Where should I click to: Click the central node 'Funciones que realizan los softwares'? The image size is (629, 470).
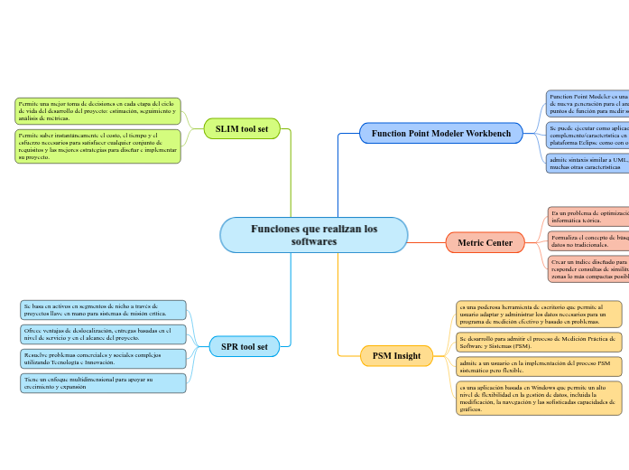pyautogui.click(x=314, y=235)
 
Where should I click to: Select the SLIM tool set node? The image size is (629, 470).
pyautogui.click(x=242, y=129)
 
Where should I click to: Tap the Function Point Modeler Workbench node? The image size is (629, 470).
pyautogui.click(x=440, y=134)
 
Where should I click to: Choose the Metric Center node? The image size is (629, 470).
pyautogui.click(x=485, y=242)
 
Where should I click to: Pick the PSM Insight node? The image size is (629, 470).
pyautogui.click(x=395, y=356)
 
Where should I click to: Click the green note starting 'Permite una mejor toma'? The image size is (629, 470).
pyautogui.click(x=97, y=110)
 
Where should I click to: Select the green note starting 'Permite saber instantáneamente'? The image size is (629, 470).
pyautogui.click(x=97, y=146)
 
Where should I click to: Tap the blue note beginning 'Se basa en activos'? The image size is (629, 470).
pyautogui.click(x=103, y=310)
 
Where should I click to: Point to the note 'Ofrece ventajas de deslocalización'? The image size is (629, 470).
pyautogui.click(x=103, y=334)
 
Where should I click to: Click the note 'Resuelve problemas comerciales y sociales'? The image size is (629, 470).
pyautogui.click(x=103, y=359)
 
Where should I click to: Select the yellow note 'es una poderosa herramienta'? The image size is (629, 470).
pyautogui.click(x=539, y=314)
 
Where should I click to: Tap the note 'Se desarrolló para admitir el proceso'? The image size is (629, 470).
pyautogui.click(x=539, y=342)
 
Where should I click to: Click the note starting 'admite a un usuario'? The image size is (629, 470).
pyautogui.click(x=539, y=366)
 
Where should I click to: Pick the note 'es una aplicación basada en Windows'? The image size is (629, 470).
pyautogui.click(x=539, y=398)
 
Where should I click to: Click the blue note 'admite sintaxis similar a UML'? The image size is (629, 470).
pyautogui.click(x=587, y=163)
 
